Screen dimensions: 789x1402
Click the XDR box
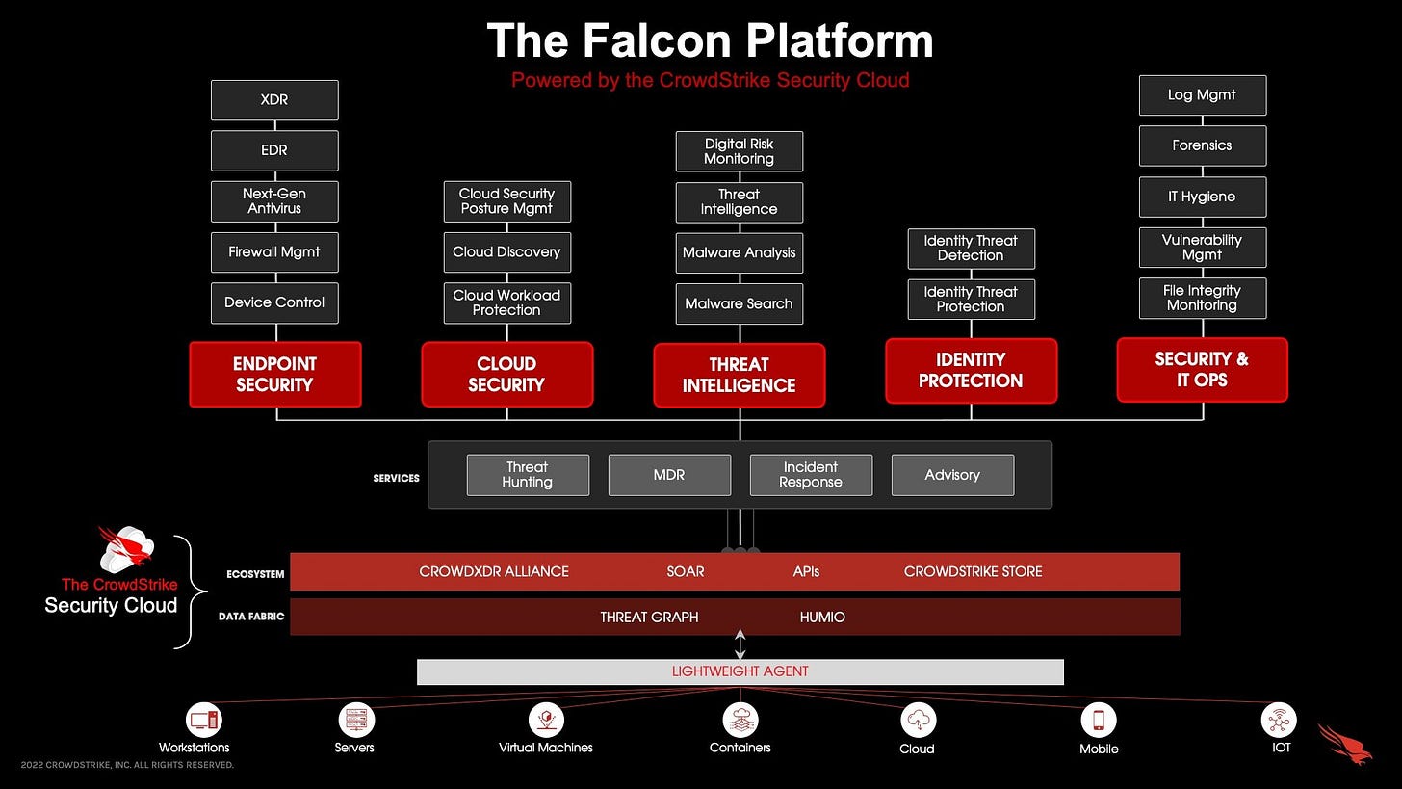click(274, 100)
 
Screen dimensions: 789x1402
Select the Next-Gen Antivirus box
click(274, 200)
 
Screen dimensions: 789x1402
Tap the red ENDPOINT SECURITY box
click(275, 375)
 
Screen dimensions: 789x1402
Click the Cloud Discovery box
click(506, 251)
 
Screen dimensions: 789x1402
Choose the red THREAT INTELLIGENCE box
click(739, 376)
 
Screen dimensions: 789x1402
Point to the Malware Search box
click(739, 303)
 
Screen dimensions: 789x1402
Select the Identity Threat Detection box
click(971, 248)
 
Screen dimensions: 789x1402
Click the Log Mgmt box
click(1202, 94)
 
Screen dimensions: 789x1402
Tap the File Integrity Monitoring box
click(1202, 298)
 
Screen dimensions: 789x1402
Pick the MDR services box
click(669, 475)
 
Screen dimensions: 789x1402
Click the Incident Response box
click(811, 475)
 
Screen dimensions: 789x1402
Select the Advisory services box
click(952, 475)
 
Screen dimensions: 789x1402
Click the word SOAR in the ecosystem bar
click(686, 571)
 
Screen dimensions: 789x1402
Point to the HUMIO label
click(822, 617)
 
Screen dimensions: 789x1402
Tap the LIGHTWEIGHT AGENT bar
click(740, 671)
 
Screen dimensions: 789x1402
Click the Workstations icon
click(203, 720)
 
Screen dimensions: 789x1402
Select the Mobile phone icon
click(1099, 720)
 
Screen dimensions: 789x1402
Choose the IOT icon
click(1279, 720)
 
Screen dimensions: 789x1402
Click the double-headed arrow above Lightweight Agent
click(740, 643)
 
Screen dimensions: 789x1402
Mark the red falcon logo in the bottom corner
click(1347, 744)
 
